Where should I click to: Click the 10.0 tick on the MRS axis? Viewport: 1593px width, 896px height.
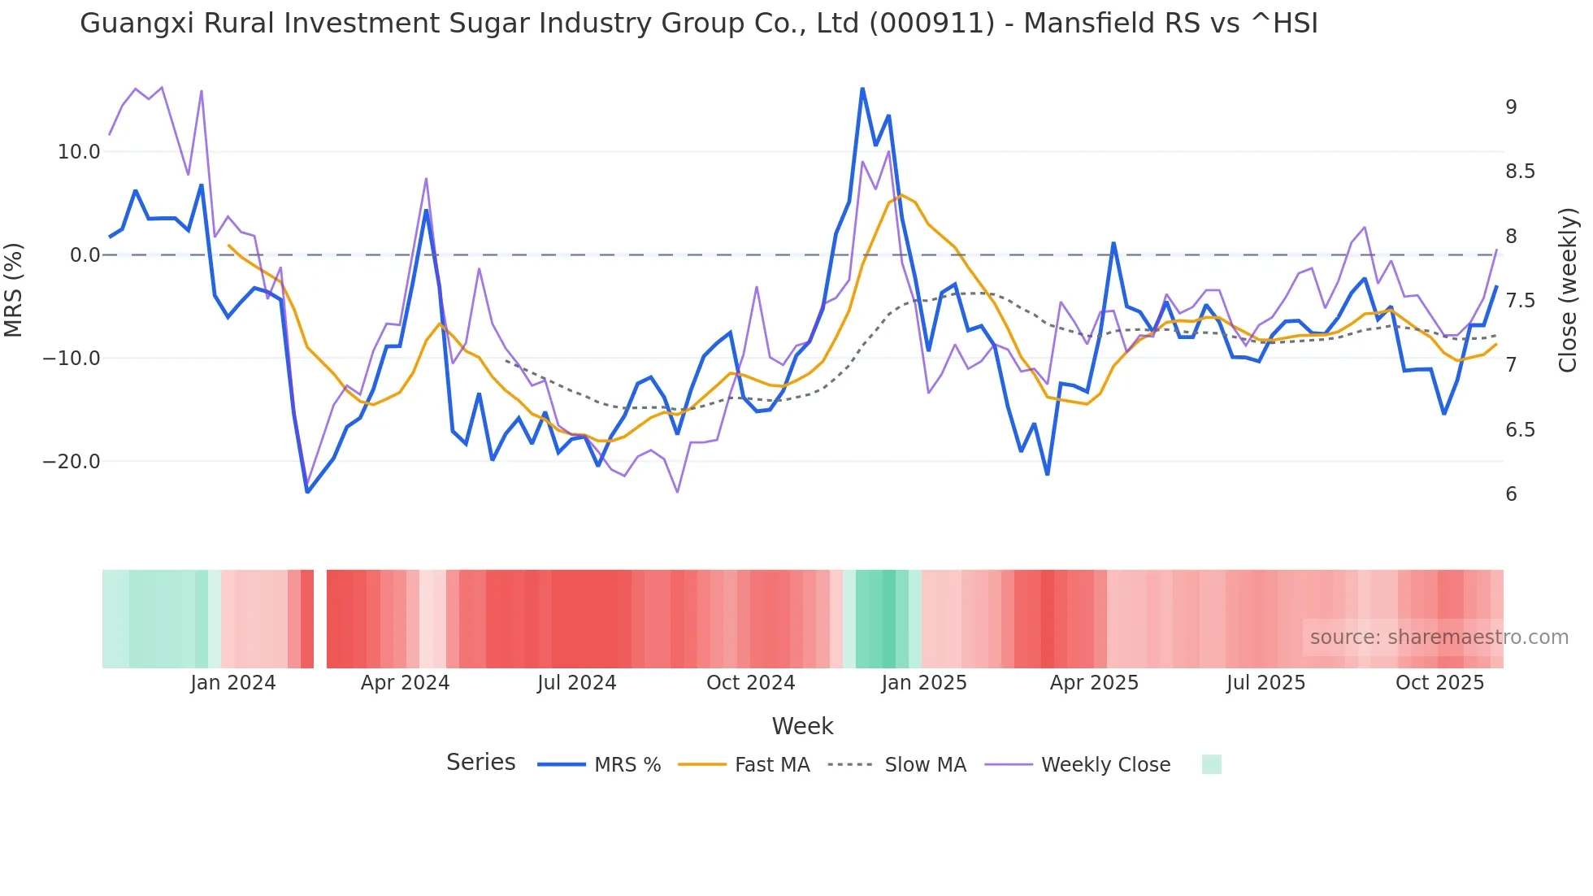[78, 152]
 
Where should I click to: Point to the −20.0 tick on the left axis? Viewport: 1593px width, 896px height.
[72, 462]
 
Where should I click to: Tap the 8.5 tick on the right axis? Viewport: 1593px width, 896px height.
[1520, 172]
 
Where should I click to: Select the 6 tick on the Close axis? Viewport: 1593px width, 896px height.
[1511, 494]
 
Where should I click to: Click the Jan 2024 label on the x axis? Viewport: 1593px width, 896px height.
[233, 683]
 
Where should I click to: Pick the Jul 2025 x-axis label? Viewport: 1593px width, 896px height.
[1265, 683]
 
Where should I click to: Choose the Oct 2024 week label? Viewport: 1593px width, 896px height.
[750, 683]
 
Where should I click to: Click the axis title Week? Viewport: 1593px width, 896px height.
[802, 726]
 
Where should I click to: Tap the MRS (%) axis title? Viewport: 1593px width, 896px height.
[14, 289]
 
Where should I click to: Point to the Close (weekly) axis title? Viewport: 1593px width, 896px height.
[1568, 289]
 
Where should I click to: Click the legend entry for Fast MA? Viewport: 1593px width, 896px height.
[771, 765]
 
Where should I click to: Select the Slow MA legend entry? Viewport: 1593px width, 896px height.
[925, 765]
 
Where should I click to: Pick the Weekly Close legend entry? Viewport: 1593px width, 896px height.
[1105, 765]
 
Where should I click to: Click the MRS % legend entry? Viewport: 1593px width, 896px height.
[627, 765]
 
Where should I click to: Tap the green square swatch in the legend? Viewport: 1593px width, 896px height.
[1211, 764]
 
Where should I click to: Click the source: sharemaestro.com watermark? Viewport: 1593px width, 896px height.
[1439, 637]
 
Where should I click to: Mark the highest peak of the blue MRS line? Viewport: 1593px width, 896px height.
[862, 89]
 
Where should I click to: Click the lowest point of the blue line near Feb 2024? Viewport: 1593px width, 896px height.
[307, 492]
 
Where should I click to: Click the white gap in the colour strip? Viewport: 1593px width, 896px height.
[320, 619]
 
